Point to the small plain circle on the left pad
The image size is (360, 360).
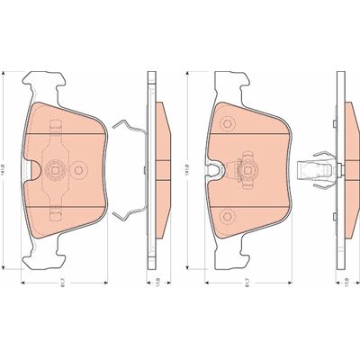tap(78, 167)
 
